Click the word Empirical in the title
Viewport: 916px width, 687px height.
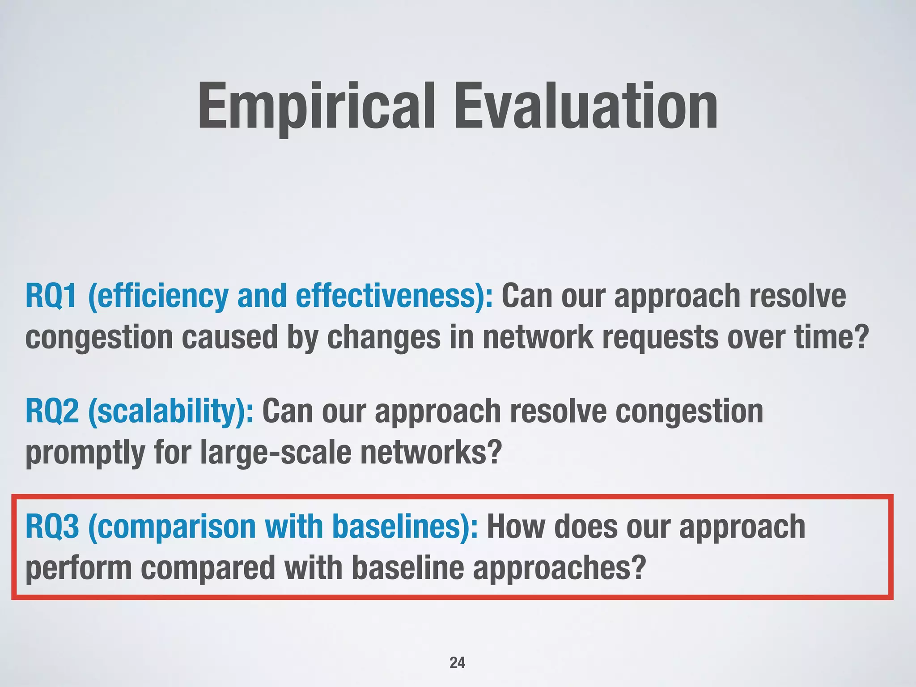coord(316,107)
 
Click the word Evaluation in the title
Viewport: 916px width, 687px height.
coord(586,107)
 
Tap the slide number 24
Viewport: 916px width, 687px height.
coord(457,662)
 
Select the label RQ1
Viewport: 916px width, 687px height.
coord(51,296)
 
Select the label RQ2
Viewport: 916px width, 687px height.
coord(52,411)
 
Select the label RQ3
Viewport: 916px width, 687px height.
coord(52,526)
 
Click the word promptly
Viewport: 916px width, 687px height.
coord(85,453)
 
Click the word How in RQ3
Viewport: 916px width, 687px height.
coord(516,526)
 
